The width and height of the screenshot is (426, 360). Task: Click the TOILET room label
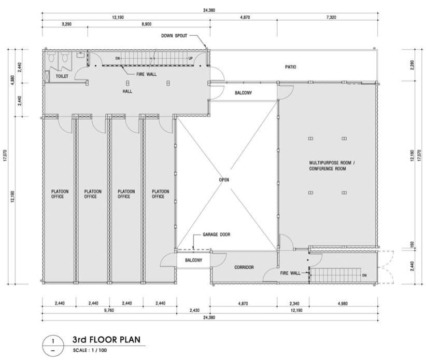point(62,76)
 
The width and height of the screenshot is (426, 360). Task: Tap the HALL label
point(127,91)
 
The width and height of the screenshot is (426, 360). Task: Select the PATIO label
point(290,67)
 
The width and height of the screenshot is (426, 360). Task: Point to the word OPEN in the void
point(224,179)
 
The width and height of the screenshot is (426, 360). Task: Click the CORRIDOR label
point(244,268)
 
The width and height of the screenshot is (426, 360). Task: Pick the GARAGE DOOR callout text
point(216,234)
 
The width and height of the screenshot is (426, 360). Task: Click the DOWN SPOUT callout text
point(174,36)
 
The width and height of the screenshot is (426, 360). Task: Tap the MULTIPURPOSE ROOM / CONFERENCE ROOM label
point(332,165)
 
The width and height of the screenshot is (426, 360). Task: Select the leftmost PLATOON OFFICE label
point(60,194)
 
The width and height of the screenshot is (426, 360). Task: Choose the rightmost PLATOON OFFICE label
point(160,194)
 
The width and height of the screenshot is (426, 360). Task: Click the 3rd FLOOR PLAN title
point(106,340)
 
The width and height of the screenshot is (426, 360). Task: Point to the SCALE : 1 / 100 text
point(90,350)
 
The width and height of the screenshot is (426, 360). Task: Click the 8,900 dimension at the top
point(147,24)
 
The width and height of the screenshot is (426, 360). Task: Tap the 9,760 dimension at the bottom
point(109,310)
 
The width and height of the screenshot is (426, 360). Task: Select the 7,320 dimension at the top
point(331,18)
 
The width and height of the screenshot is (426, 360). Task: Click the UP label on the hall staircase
point(190,59)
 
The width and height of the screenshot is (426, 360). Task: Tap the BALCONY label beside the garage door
point(194,260)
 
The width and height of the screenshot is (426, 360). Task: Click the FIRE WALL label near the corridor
point(290,273)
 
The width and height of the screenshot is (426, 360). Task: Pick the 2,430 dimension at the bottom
point(194,310)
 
